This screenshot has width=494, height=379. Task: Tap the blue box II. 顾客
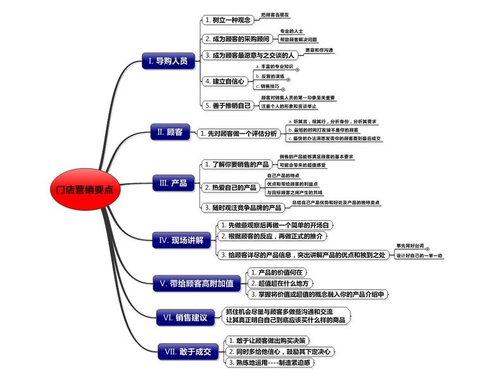(170, 132)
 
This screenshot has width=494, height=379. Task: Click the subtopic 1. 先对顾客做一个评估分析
(238, 134)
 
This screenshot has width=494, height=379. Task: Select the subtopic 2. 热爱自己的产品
(230, 187)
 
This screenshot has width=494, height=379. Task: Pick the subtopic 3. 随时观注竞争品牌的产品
(243, 207)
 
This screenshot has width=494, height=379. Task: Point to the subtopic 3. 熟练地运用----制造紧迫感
(270, 363)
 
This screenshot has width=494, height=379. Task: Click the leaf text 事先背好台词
(410, 245)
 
